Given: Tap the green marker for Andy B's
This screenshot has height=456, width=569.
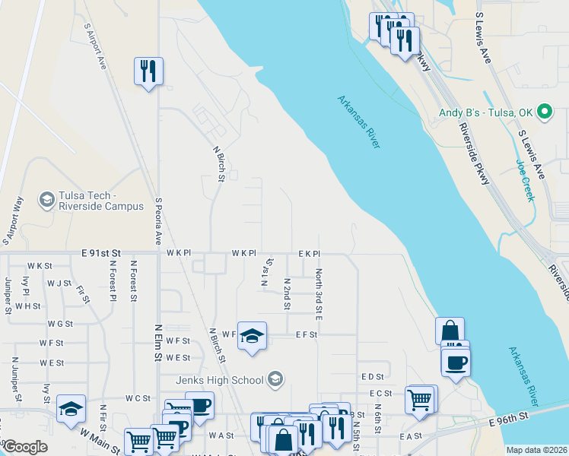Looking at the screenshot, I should tap(544, 112).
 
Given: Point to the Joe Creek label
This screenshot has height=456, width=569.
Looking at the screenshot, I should tap(526, 180).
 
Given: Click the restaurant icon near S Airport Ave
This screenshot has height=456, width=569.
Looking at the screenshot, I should tap(148, 71).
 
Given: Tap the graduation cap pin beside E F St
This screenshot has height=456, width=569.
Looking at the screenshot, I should tap(252, 336).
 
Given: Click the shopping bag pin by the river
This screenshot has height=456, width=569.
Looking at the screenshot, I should tap(450, 331).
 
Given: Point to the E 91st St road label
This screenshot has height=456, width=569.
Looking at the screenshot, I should tap(101, 252).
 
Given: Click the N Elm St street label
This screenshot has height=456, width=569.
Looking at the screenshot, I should tap(159, 340).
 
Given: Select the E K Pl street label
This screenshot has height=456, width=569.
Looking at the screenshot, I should tap(309, 253).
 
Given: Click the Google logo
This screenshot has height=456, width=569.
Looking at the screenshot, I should tap(25, 447).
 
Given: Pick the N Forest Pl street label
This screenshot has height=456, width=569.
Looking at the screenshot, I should tap(113, 281).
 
